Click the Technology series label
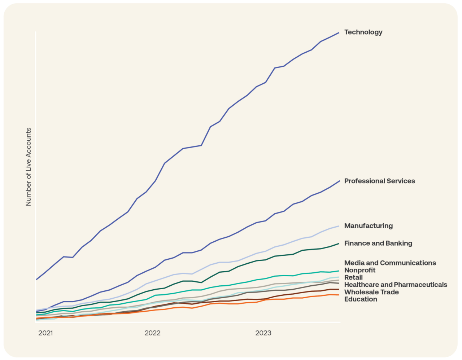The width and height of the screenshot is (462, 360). (363, 32)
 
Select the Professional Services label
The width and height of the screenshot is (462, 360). (379, 181)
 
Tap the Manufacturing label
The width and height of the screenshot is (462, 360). (368, 226)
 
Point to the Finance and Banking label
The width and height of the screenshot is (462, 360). (378, 243)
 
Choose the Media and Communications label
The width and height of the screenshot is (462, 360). (390, 263)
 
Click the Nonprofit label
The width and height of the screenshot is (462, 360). (359, 270)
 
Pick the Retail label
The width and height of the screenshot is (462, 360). (353, 277)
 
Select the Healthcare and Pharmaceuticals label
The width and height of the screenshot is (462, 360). (396, 285)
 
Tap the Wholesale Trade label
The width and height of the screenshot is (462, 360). (371, 292)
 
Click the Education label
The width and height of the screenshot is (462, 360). (361, 299)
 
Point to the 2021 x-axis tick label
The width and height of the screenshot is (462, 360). (45, 333)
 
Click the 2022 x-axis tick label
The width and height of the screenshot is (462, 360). (152, 333)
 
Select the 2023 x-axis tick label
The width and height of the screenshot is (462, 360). (263, 333)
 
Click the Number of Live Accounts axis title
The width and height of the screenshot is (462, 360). (29, 167)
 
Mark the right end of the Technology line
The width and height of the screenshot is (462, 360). (339, 33)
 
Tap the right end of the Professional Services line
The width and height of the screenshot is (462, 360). (339, 181)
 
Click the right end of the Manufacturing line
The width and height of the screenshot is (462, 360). (339, 226)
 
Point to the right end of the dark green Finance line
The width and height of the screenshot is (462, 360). (339, 243)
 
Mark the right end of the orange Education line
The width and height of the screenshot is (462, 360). (339, 295)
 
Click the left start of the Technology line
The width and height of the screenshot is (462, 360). (36, 279)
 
